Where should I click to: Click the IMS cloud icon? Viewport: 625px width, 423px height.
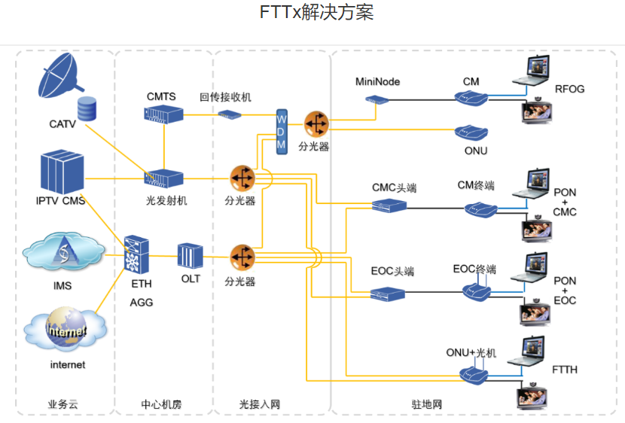62,253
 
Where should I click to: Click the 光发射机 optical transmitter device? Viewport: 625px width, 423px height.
163,178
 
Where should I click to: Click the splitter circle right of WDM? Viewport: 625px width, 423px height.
316,123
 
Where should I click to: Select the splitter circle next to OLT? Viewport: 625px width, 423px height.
242,257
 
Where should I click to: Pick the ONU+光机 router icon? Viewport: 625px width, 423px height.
474,372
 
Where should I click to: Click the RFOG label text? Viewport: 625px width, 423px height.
569,89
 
